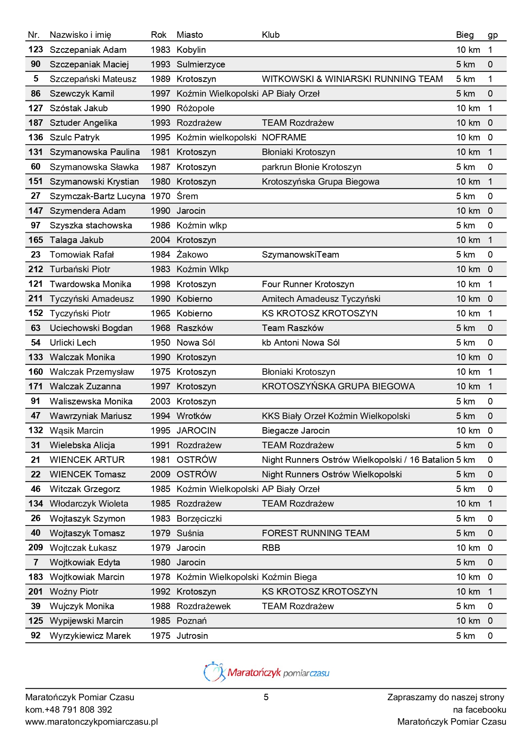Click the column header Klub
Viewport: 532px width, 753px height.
coord(271,35)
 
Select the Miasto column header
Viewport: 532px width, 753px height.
coord(189,35)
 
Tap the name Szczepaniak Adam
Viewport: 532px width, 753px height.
coord(88,50)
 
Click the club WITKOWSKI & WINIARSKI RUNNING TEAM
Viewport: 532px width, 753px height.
coord(352,79)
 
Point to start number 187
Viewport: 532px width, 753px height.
coord(36,123)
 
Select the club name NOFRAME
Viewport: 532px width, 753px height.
coord(284,137)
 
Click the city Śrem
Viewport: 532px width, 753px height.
coord(187,196)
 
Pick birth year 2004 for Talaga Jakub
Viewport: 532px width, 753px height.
coord(160,240)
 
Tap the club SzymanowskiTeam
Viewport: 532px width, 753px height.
coord(300,255)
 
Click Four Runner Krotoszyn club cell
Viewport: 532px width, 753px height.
coord(308,284)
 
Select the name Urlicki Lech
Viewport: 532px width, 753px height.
coord(73,343)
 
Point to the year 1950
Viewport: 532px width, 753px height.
coord(160,343)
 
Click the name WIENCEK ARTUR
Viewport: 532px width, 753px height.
coord(87,460)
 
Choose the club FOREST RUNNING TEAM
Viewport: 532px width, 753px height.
coord(316,533)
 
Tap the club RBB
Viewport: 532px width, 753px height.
coord(271,548)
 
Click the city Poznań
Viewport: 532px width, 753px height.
coord(192,621)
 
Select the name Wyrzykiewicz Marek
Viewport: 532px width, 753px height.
coord(90,636)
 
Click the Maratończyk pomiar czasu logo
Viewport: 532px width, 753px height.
coord(266,672)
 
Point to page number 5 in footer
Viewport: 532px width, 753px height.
coord(266,697)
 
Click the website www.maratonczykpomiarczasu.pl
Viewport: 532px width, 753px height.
coord(92,722)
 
